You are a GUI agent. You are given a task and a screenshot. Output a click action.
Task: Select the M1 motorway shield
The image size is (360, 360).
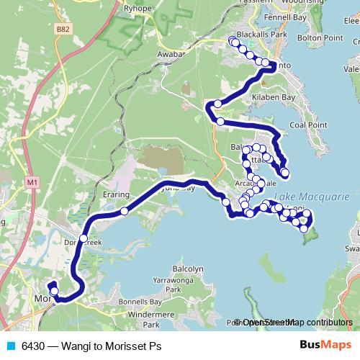(32, 183)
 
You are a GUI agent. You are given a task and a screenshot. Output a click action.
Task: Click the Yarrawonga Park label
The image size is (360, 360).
(171, 284)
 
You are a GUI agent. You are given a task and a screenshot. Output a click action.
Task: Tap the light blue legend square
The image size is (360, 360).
(12, 346)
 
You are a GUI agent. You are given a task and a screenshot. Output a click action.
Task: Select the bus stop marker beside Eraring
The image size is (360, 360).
(125, 211)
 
